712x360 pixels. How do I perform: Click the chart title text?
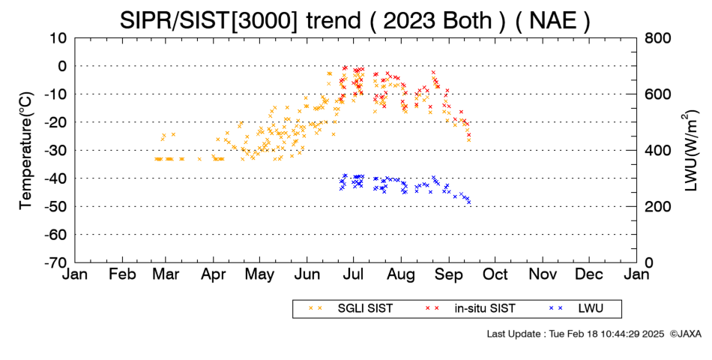(355, 20)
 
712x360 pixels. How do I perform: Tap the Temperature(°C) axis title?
(26, 151)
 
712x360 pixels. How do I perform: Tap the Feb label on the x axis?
(122, 274)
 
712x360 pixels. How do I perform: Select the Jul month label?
(353, 274)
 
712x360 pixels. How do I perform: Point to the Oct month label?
(495, 274)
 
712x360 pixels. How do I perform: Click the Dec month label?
(589, 274)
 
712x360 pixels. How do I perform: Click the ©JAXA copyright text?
(686, 334)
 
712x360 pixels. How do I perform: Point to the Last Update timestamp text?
(576, 334)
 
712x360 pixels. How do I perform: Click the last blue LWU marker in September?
(468, 202)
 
